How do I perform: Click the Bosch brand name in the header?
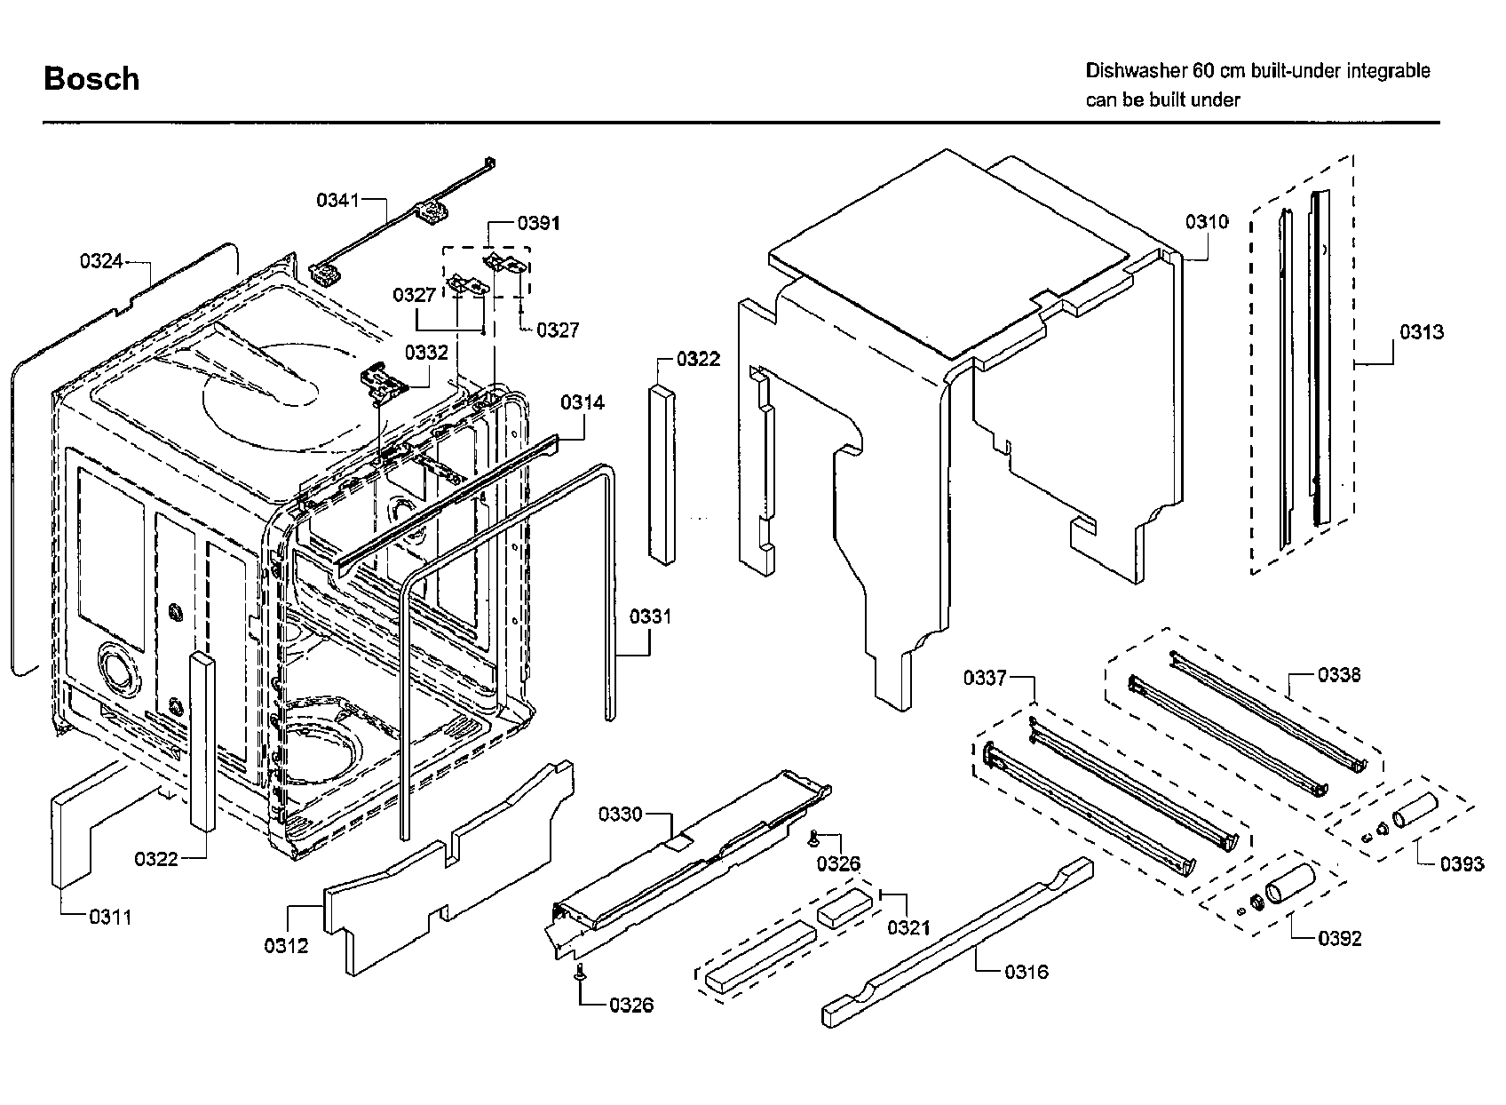click(91, 79)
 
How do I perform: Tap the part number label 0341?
click(338, 200)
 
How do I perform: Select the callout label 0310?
click(1207, 221)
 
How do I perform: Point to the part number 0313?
click(1422, 331)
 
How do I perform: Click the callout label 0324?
click(101, 261)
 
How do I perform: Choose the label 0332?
click(426, 353)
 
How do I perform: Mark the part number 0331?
click(650, 616)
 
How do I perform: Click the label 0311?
click(110, 917)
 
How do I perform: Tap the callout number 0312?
click(286, 946)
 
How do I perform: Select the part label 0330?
click(621, 815)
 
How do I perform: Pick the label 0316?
click(1026, 972)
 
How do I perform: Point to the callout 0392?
click(1340, 938)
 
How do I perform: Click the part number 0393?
click(1462, 864)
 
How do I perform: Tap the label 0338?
click(1339, 674)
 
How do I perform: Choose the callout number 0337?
click(985, 677)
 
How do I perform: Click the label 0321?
click(909, 927)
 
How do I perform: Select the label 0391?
click(538, 223)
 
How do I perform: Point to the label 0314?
click(583, 403)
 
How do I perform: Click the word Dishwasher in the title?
click(1133, 71)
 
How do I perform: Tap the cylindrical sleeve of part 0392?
click(1290, 884)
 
